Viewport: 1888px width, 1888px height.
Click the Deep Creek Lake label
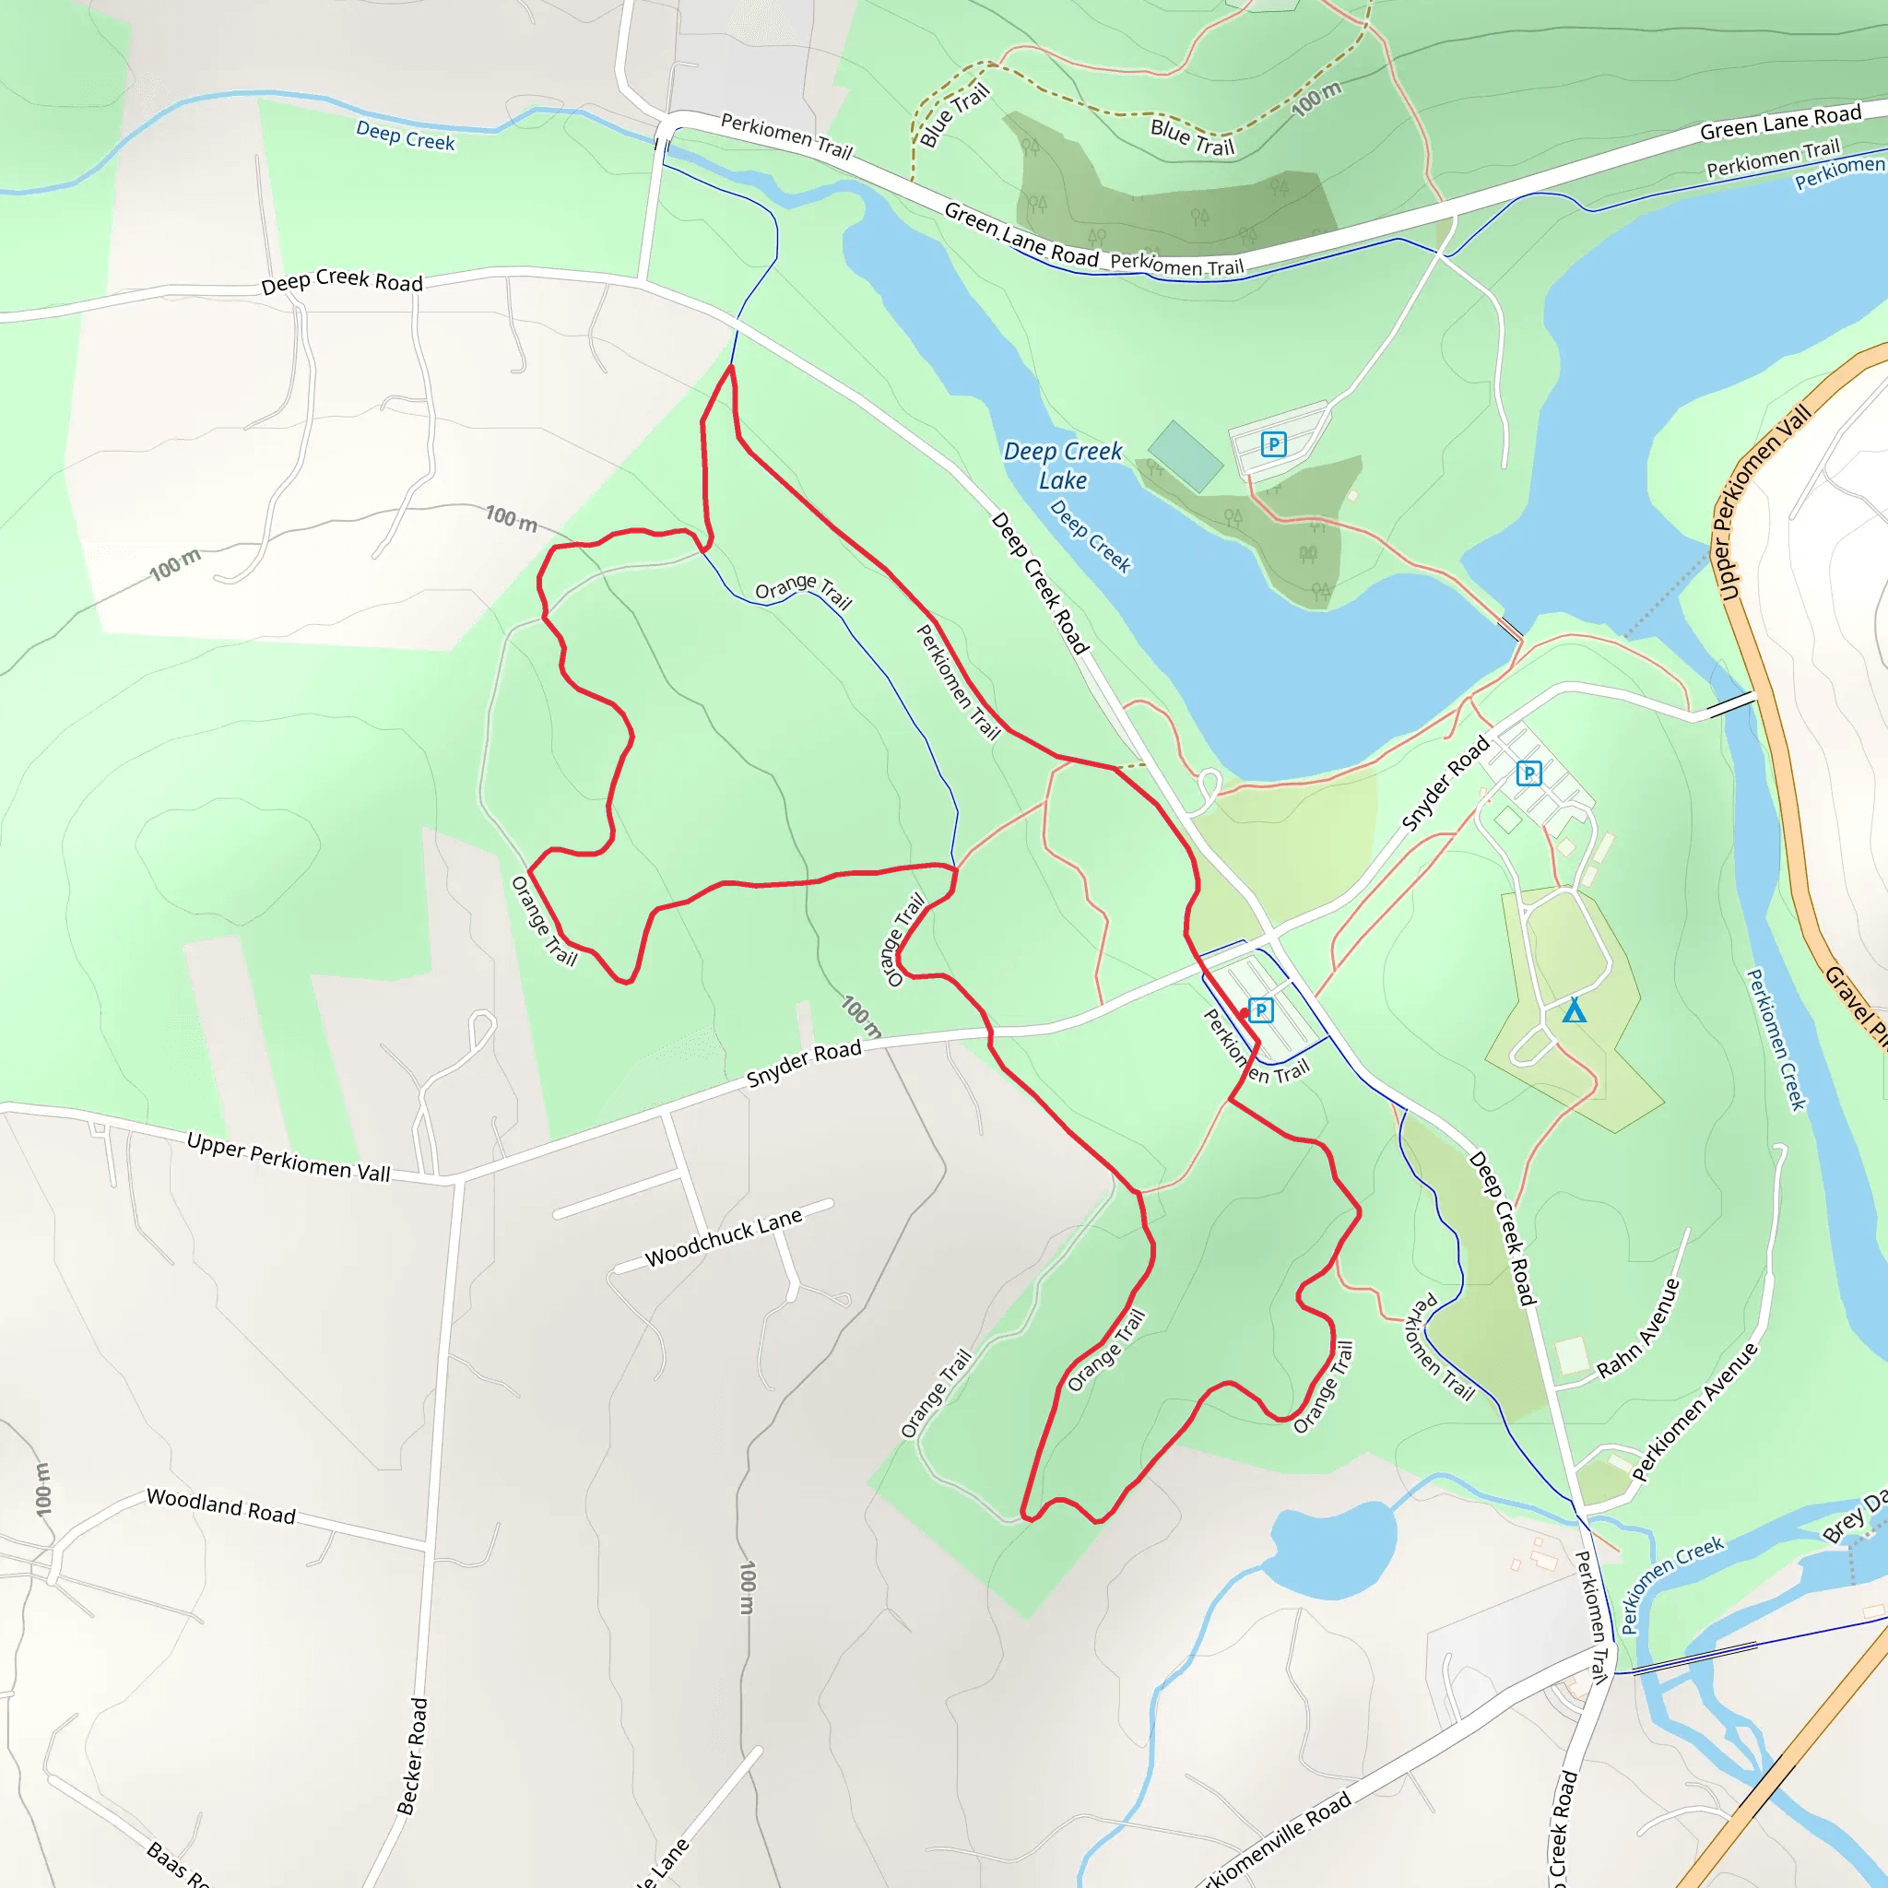1063,466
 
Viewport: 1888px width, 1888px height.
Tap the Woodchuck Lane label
723,1237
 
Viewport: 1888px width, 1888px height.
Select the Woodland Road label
221,1506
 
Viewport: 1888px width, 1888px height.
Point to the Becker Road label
412,1756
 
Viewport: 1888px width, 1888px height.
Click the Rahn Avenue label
1639,1329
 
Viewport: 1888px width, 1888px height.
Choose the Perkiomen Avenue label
1694,1411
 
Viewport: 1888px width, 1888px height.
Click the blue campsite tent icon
1574,1010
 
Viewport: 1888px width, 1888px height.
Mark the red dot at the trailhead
1243,1013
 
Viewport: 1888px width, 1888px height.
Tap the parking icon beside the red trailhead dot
1260,1009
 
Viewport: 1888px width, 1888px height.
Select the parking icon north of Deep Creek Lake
1273,444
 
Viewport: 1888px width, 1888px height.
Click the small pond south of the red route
1333,1548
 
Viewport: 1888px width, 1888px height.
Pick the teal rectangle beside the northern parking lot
1186,455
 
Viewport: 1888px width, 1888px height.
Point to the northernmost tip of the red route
731,368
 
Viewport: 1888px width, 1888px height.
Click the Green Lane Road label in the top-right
1780,123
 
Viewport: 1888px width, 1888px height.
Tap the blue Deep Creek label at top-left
406,136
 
